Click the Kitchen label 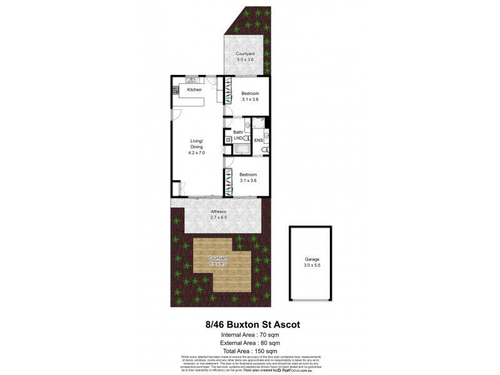(x=194, y=91)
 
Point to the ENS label (x=259, y=141)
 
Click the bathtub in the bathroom (x=240, y=148)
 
